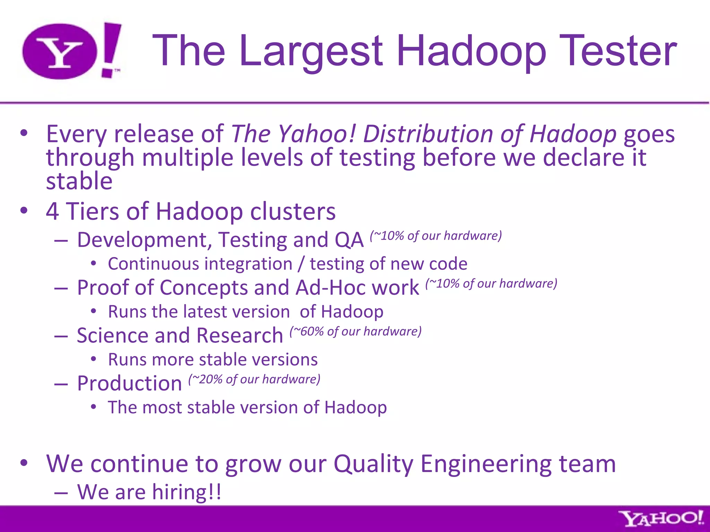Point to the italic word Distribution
(x=427, y=134)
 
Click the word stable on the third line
(x=79, y=181)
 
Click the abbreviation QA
(x=349, y=240)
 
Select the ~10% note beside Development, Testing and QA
(x=436, y=236)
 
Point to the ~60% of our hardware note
(x=356, y=331)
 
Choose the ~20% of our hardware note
(x=254, y=379)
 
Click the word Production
(x=129, y=383)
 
